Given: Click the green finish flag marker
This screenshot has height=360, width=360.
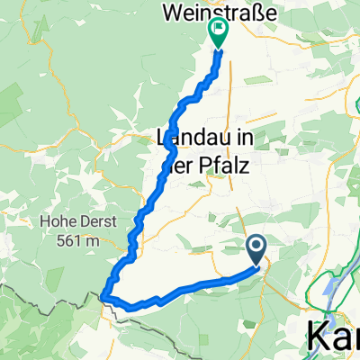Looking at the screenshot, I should tap(218, 32).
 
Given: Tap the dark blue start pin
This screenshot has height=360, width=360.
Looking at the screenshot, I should tap(256, 248).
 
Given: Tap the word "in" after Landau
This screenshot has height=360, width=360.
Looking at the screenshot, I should tap(234, 140).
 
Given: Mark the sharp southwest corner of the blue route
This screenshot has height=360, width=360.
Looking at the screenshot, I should tap(104, 295).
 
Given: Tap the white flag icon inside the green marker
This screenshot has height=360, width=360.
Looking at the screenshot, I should tap(218, 29).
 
